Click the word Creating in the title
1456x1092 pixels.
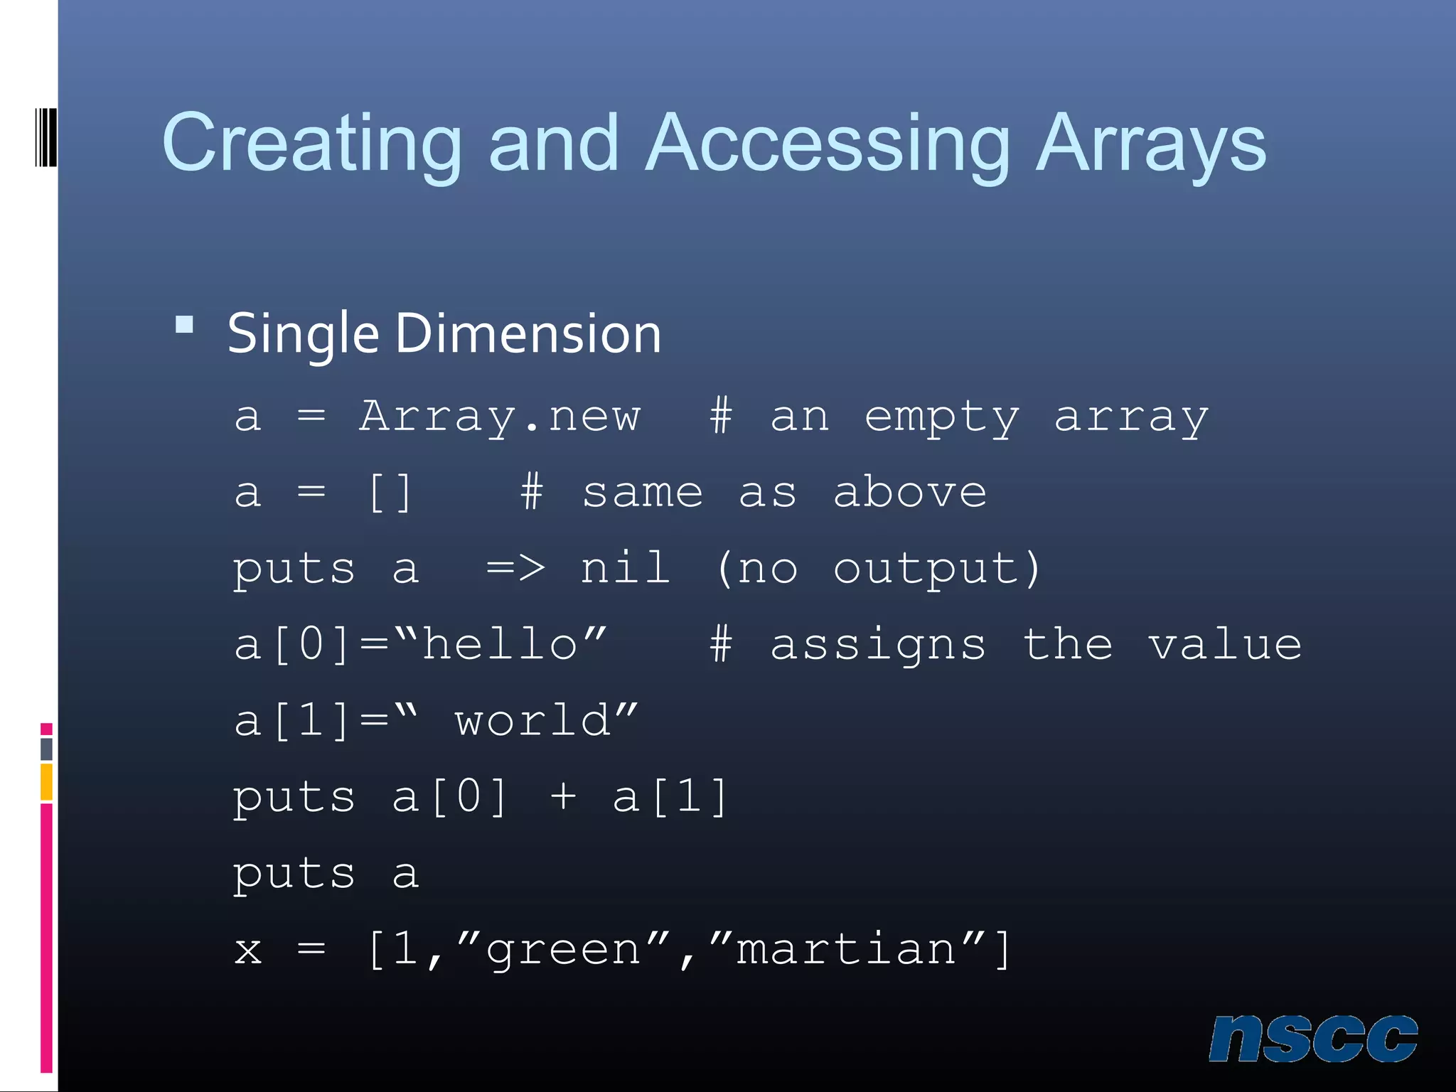click(312, 144)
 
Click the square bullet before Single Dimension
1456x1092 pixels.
click(185, 325)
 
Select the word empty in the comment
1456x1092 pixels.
click(942, 417)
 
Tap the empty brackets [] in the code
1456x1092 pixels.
click(390, 493)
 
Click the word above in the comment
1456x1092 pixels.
click(910, 492)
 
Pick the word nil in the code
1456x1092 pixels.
click(626, 568)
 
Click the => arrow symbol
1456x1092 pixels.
click(516, 568)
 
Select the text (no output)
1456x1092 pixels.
click(879, 569)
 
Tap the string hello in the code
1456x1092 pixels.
click(500, 644)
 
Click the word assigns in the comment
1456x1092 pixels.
click(879, 646)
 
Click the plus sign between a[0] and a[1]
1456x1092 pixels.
click(563, 796)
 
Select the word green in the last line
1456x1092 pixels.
click(563, 950)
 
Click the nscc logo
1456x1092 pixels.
click(1313, 1039)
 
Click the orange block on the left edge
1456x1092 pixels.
click(46, 782)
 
